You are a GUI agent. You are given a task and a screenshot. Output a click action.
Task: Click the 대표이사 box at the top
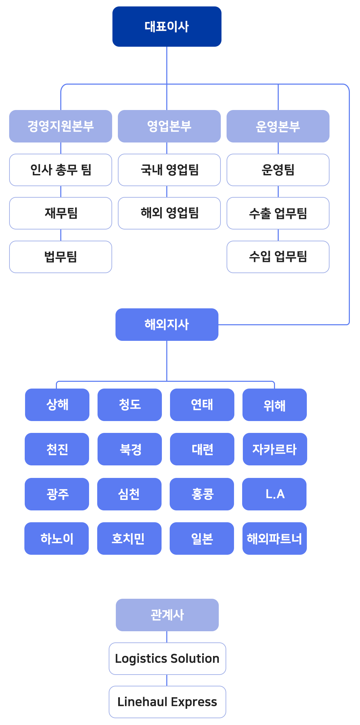(167, 26)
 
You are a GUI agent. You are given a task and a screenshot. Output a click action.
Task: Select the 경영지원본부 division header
(61, 126)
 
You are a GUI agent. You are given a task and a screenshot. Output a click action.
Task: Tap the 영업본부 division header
(169, 126)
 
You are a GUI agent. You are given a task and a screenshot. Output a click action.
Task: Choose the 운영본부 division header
(278, 126)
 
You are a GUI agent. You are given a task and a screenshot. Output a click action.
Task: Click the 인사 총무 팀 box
(61, 170)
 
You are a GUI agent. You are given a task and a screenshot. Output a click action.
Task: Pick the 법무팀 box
(61, 257)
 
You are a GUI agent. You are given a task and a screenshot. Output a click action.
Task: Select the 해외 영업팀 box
(169, 213)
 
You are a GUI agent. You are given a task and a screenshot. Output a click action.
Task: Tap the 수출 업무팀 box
(278, 213)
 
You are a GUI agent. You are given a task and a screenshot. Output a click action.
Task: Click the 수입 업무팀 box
(278, 257)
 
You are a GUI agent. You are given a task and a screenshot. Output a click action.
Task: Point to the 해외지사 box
(167, 325)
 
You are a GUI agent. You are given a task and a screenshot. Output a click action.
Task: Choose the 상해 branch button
(57, 405)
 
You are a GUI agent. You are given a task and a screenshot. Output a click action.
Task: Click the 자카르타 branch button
(275, 449)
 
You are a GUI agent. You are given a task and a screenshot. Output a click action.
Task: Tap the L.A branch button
(274, 494)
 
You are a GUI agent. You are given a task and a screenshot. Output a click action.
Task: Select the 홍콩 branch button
(202, 494)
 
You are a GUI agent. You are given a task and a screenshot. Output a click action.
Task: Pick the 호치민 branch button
(129, 539)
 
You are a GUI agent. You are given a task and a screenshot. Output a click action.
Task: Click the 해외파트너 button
(275, 539)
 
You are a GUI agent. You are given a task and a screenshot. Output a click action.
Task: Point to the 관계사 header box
(167, 615)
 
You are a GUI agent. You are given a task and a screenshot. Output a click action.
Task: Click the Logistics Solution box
(167, 659)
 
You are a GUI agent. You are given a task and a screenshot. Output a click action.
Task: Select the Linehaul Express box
(167, 702)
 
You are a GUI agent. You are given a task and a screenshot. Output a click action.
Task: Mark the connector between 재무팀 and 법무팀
(61, 235)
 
